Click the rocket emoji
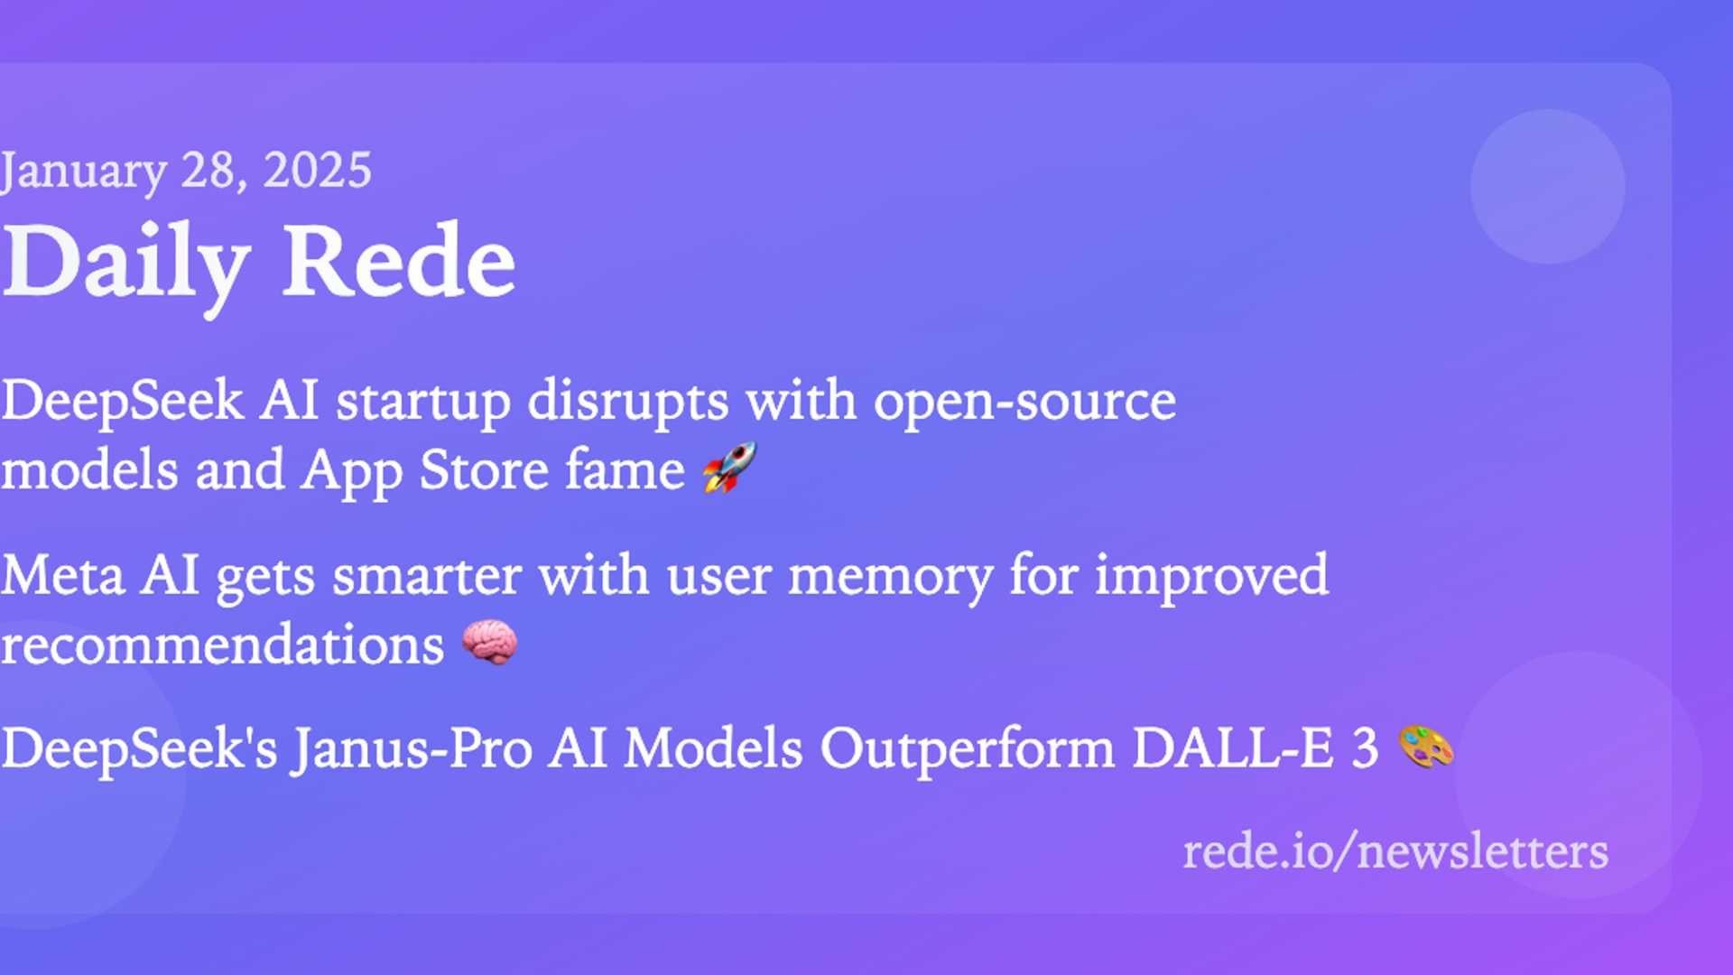coord(729,468)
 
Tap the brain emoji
coord(489,642)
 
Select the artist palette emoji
coord(1426,747)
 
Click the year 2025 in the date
coord(317,170)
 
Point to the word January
coord(84,172)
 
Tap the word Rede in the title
coord(398,262)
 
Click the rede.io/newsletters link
coord(1395,851)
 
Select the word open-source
coord(1024,403)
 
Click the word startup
coord(423,403)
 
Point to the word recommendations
coord(222,645)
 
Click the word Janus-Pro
coord(411,750)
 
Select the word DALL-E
coord(1233,748)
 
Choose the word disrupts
coord(628,401)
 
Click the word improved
coord(1212,576)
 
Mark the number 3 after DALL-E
coord(1365,749)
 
